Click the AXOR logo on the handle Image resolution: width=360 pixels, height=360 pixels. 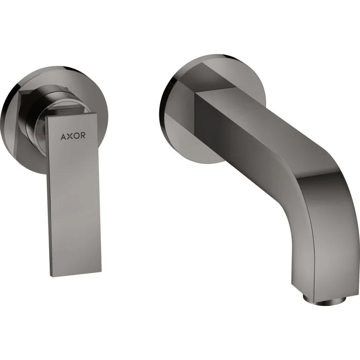coord(73,136)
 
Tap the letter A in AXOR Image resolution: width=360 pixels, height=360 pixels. coord(63,136)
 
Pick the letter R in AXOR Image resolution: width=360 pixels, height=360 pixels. coord(83,135)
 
